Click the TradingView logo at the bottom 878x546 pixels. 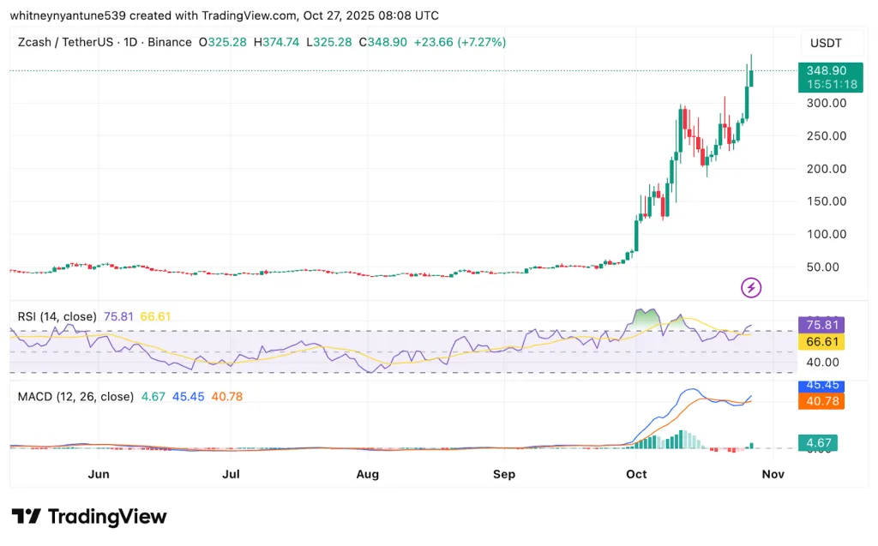coord(89,517)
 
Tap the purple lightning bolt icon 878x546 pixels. coord(752,288)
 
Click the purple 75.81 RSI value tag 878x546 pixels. coord(821,325)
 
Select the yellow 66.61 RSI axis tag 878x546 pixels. coord(821,342)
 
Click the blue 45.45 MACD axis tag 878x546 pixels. coord(821,386)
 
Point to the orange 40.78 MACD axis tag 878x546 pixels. coord(821,401)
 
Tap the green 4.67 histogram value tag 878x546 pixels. coord(817,443)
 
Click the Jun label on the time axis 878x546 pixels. coord(99,474)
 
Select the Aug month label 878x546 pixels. coord(368,474)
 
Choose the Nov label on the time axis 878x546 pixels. coord(773,474)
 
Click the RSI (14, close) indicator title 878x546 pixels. coord(57,316)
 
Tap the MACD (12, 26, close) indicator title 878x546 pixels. coord(75,397)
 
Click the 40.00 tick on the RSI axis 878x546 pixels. coord(821,363)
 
